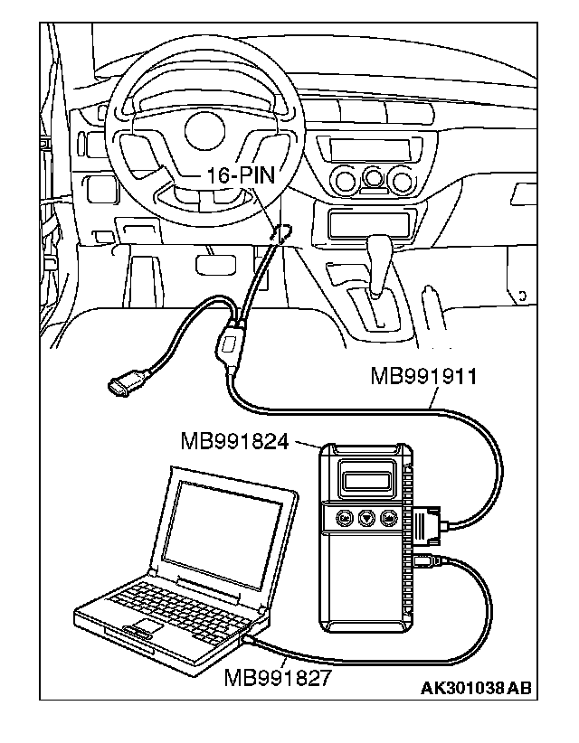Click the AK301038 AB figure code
[x=476, y=689]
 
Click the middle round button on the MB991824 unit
[x=366, y=518]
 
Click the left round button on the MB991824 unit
[x=344, y=518]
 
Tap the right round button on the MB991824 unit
[x=389, y=518]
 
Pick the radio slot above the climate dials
[x=365, y=148]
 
